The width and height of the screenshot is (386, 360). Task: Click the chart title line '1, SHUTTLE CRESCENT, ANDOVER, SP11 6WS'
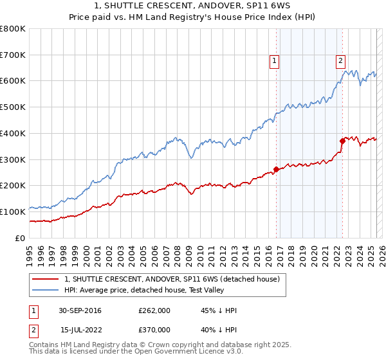[x=193, y=6]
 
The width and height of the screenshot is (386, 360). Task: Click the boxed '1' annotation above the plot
[x=274, y=61]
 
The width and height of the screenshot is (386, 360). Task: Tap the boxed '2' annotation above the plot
[x=340, y=61]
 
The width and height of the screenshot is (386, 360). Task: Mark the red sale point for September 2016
[x=276, y=170]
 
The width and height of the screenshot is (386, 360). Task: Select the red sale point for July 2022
[x=342, y=141]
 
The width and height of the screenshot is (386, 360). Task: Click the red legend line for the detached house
[x=46, y=280]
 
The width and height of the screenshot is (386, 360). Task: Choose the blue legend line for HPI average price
[x=46, y=291]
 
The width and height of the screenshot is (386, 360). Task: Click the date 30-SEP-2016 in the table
[x=80, y=311]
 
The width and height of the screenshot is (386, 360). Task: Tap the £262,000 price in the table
[x=154, y=311]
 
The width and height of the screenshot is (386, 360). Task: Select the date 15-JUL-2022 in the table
[x=80, y=330]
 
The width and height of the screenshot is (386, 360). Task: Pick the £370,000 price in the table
[x=154, y=330]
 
